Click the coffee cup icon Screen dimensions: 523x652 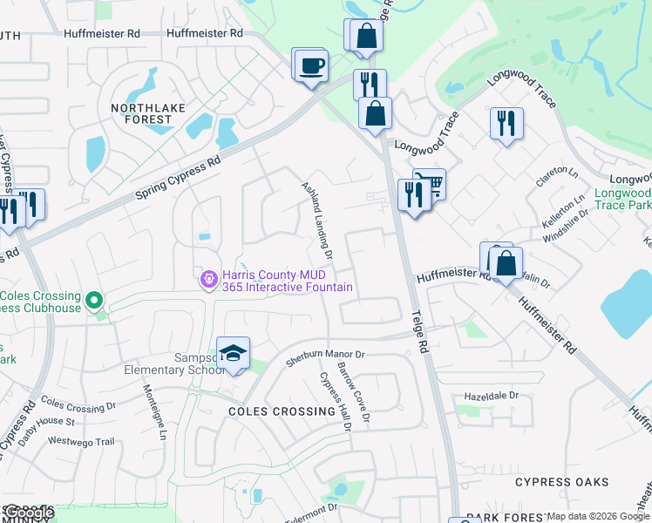tap(311, 65)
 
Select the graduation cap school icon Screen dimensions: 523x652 tap(233, 354)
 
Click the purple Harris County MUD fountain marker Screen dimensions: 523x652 tap(208, 280)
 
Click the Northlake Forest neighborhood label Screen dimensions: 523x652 tap(142, 114)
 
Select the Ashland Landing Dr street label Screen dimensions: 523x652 tap(317, 221)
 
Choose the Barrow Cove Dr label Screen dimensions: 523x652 tap(354, 394)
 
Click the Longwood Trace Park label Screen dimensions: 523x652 tap(622, 199)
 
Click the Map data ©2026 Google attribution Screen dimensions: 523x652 tap(599, 516)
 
